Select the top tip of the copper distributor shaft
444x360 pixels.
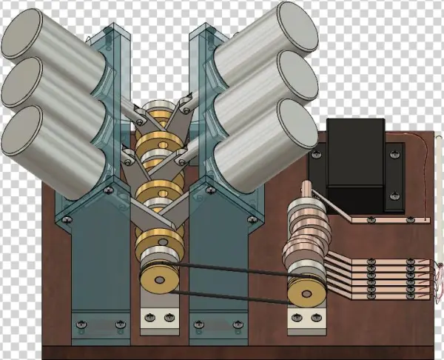tap(307, 184)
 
